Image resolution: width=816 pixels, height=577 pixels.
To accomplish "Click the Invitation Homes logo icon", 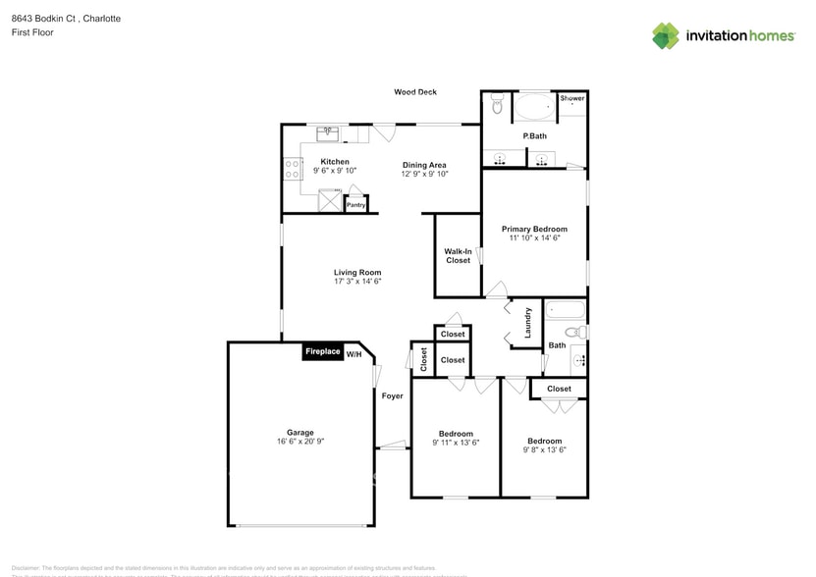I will [666, 35].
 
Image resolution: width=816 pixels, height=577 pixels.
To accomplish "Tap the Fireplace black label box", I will [322, 351].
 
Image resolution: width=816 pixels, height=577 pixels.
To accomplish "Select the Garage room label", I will [300, 433].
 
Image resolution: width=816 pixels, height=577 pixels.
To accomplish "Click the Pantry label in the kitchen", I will [355, 205].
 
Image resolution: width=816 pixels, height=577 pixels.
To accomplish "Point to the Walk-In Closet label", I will [458, 256].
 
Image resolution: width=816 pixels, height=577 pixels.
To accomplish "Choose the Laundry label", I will [527, 323].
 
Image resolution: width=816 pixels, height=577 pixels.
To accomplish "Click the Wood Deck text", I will [415, 92].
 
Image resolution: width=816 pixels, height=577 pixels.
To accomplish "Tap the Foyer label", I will [393, 396].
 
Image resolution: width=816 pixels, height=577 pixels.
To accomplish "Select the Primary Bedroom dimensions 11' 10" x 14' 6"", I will [534, 238].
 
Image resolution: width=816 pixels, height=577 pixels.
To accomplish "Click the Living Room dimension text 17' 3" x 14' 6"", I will [356, 282].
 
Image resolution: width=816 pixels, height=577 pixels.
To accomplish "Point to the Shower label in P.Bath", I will [572, 98].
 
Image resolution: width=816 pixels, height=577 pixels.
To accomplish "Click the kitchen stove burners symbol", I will [292, 170].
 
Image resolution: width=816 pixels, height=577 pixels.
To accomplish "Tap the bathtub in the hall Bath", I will [565, 312].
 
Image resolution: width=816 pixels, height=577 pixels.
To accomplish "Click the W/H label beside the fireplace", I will [354, 354].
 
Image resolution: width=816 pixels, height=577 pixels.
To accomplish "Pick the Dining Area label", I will [424, 165].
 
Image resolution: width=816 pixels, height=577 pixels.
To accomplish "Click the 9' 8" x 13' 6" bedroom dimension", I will [544, 449].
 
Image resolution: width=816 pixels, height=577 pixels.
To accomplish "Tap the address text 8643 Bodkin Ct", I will [46, 19].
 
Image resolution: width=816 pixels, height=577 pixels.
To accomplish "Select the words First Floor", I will [33, 32].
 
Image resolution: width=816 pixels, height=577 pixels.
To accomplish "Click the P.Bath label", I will [534, 135].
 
